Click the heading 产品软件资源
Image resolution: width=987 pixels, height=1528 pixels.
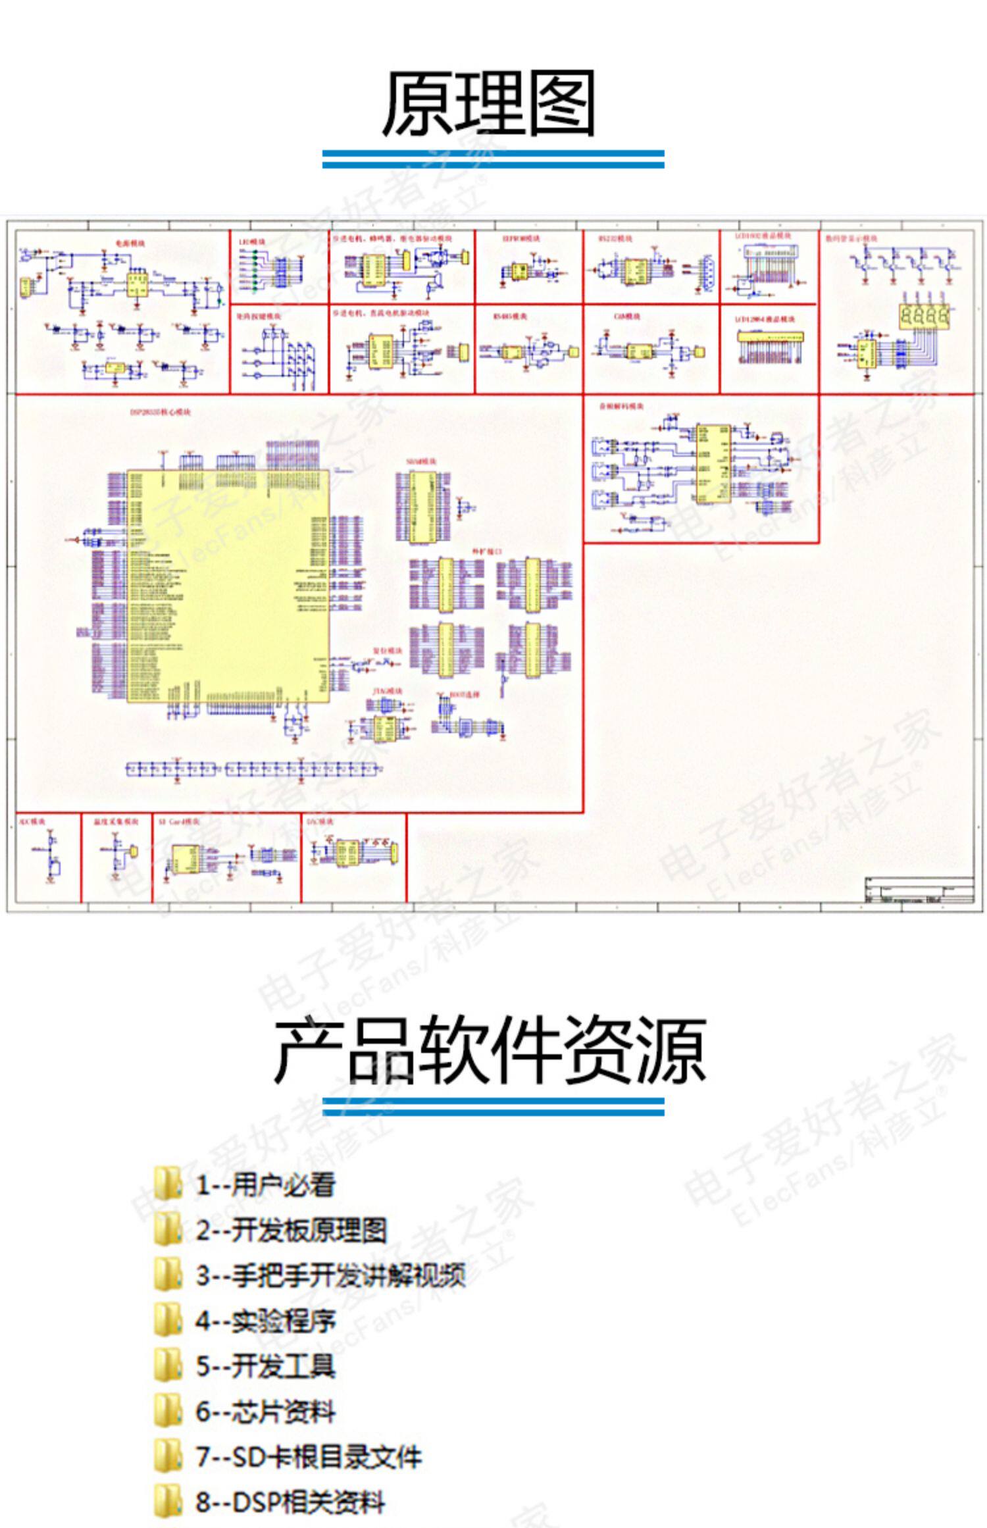(490, 1050)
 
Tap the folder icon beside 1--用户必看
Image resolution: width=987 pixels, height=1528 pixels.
(167, 1184)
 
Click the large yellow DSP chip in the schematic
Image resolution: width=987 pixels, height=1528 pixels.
(227, 586)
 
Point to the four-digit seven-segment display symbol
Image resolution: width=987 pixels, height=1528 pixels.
(924, 317)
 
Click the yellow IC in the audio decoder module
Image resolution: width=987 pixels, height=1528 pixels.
(714, 464)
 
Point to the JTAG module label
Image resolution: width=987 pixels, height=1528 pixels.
(388, 692)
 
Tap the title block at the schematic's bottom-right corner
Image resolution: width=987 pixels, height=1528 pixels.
(919, 891)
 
